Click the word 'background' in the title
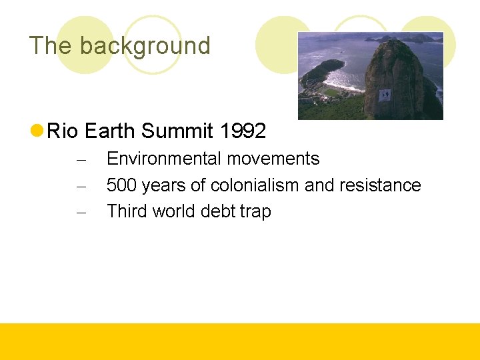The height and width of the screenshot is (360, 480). [x=145, y=46]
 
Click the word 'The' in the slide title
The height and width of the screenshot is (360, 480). [x=51, y=46]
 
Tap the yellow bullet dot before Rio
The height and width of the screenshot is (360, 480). [x=37, y=131]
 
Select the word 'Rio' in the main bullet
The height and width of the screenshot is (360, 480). [x=63, y=131]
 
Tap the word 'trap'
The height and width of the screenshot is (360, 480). [x=256, y=211]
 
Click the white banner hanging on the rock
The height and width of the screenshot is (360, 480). [x=385, y=95]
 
